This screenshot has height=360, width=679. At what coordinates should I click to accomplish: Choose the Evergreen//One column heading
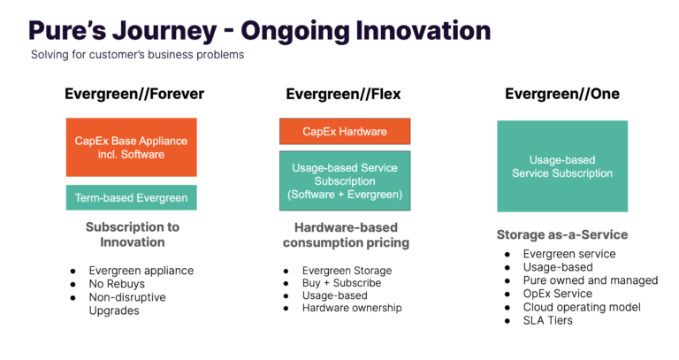[562, 94]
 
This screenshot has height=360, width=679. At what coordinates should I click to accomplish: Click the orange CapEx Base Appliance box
[131, 147]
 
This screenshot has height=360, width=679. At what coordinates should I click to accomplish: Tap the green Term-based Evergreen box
[131, 197]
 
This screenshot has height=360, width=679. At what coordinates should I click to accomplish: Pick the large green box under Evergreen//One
[562, 166]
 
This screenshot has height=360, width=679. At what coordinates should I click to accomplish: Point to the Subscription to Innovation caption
[132, 234]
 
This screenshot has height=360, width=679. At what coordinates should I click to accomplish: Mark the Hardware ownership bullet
[352, 308]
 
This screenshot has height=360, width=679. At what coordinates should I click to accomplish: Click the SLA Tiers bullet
[548, 320]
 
